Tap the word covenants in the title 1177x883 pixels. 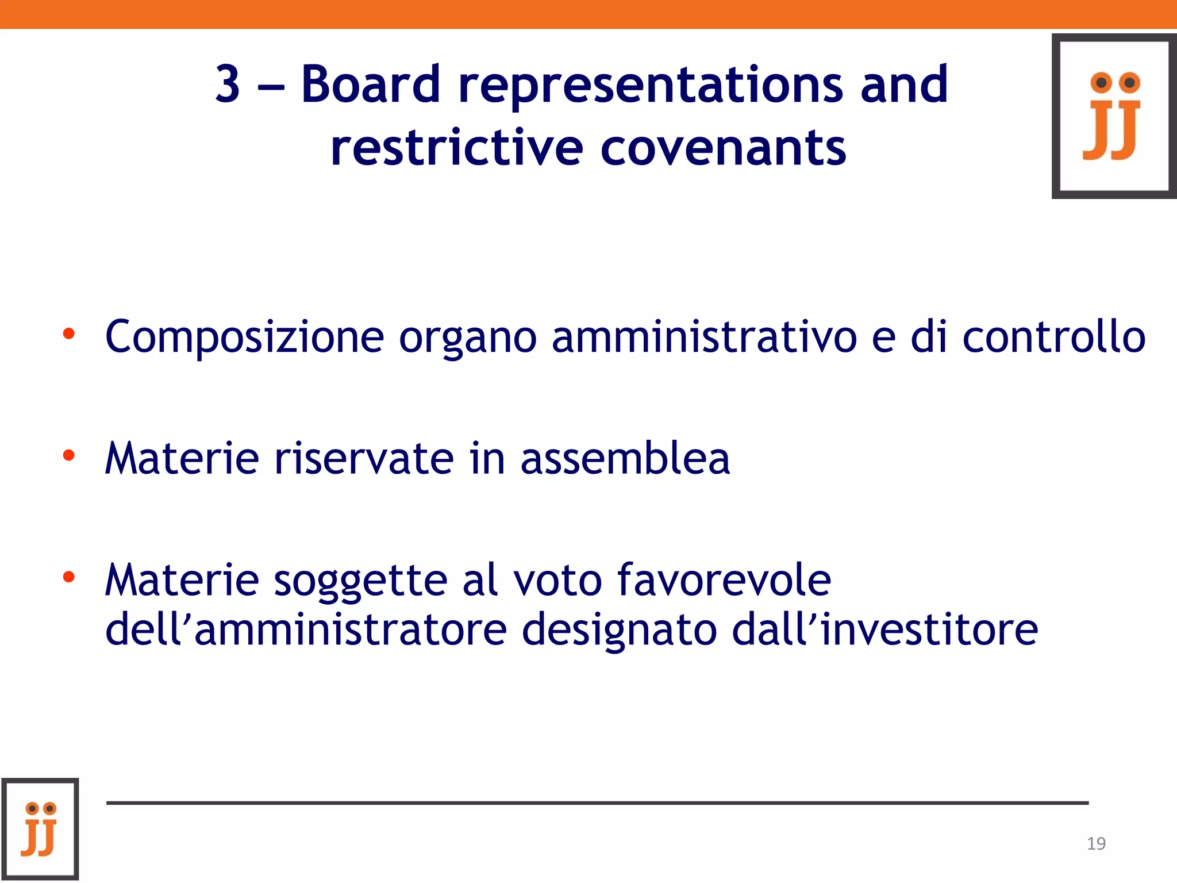[723, 148]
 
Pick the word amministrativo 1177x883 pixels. [705, 336]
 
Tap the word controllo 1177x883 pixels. [1054, 336]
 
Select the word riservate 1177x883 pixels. [364, 458]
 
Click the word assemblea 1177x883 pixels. [625, 458]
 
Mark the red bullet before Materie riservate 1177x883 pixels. [69, 456]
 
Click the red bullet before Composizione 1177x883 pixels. [69, 333]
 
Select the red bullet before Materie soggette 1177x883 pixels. [69, 577]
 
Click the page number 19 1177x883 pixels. [1096, 843]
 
